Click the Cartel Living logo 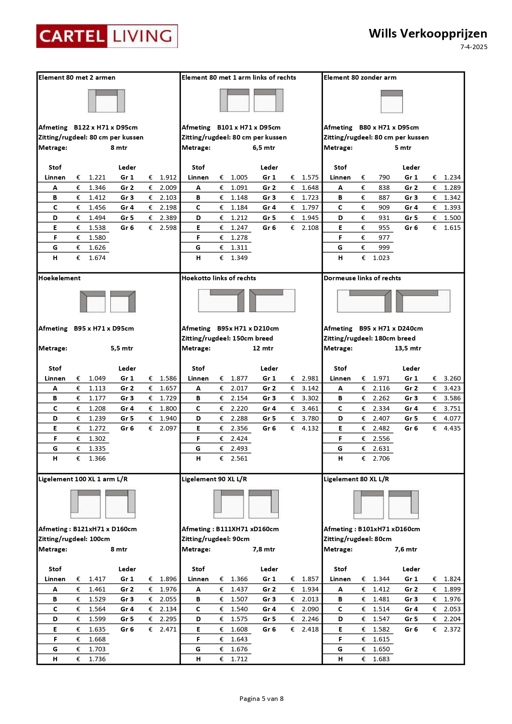point(107,36)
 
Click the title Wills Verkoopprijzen point(428,33)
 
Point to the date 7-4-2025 point(474,47)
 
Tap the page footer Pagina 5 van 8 point(261,698)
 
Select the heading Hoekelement point(59,278)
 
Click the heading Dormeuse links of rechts point(362,278)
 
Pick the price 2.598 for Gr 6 point(168,228)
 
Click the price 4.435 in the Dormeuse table point(452,428)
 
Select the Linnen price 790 point(384,177)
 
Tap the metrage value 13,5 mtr point(408,348)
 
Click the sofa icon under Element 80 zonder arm point(391,101)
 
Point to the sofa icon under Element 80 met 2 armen point(107,101)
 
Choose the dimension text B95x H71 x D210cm point(248,329)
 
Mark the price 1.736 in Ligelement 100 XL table point(97,659)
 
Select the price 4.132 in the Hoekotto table point(310,428)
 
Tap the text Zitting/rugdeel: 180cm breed point(370,338)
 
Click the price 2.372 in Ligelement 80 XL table point(452,629)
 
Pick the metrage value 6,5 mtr point(264,148)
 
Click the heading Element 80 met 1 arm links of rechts point(239,78)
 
